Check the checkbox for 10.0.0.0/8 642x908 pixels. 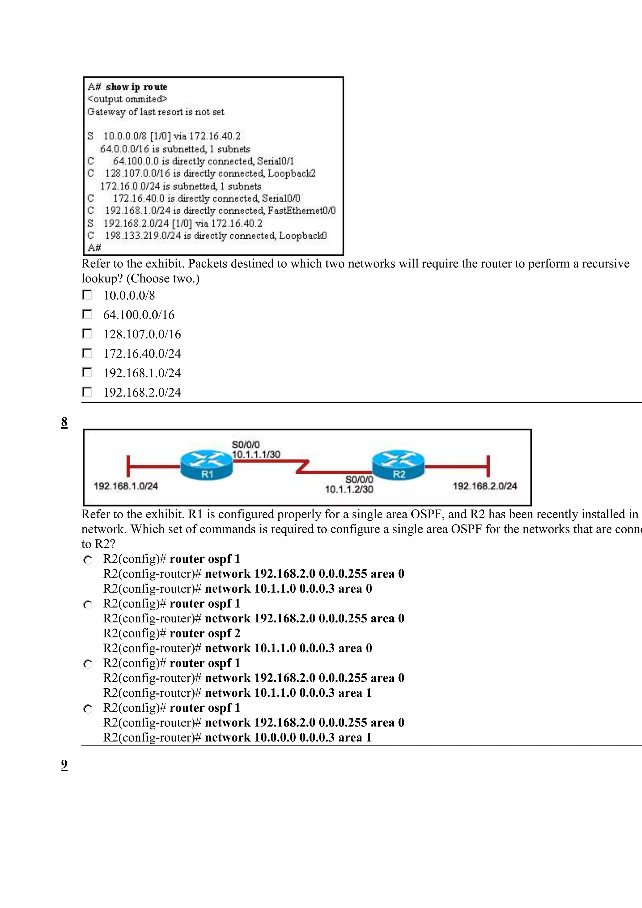coord(87,295)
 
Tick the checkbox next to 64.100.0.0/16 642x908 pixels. coord(87,314)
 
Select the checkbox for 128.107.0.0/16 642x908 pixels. coord(87,334)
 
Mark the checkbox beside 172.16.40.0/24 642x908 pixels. coord(87,353)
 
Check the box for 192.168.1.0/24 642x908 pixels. coord(87,372)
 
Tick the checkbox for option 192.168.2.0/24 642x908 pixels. coord(87,392)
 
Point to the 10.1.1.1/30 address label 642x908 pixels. coord(256,454)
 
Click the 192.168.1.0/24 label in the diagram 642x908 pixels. coord(126,486)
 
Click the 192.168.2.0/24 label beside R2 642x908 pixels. coord(485,486)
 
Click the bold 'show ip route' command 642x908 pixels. coord(136,87)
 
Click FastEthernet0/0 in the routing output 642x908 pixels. coord(301,210)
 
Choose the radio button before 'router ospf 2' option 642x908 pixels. coord(88,605)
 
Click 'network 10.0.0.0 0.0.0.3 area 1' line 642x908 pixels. coord(288,737)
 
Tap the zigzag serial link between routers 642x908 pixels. coord(303,466)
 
